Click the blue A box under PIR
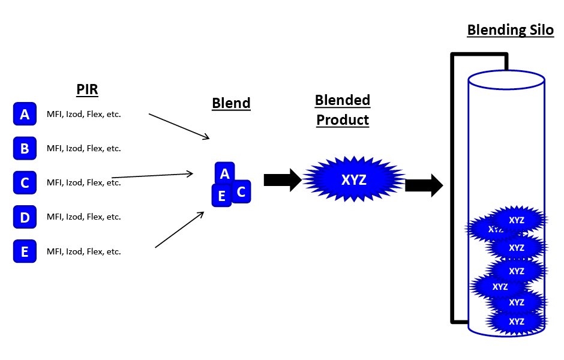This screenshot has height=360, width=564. point(25,114)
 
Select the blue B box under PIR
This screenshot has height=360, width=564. point(25,148)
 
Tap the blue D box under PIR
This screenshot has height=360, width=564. point(25,217)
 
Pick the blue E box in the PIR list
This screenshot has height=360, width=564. point(25,251)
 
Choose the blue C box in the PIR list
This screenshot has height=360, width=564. point(25,182)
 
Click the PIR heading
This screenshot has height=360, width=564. point(87,90)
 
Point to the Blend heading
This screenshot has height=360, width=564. point(231,103)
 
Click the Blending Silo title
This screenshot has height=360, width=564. point(510,30)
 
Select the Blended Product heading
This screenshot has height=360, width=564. point(343,110)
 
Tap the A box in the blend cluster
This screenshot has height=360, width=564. point(224,173)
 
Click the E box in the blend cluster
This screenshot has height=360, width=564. point(221,196)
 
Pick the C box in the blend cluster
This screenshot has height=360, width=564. point(241,191)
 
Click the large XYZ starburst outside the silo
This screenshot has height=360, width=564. point(353,179)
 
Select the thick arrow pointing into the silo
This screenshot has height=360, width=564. point(424,185)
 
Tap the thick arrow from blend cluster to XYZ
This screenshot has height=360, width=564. point(283,179)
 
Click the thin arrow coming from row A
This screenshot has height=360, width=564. point(179,126)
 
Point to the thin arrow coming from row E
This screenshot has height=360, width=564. point(179,230)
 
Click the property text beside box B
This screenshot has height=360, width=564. point(84,148)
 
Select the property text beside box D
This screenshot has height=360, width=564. point(84,217)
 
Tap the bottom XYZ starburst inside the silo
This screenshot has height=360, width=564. point(517,322)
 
